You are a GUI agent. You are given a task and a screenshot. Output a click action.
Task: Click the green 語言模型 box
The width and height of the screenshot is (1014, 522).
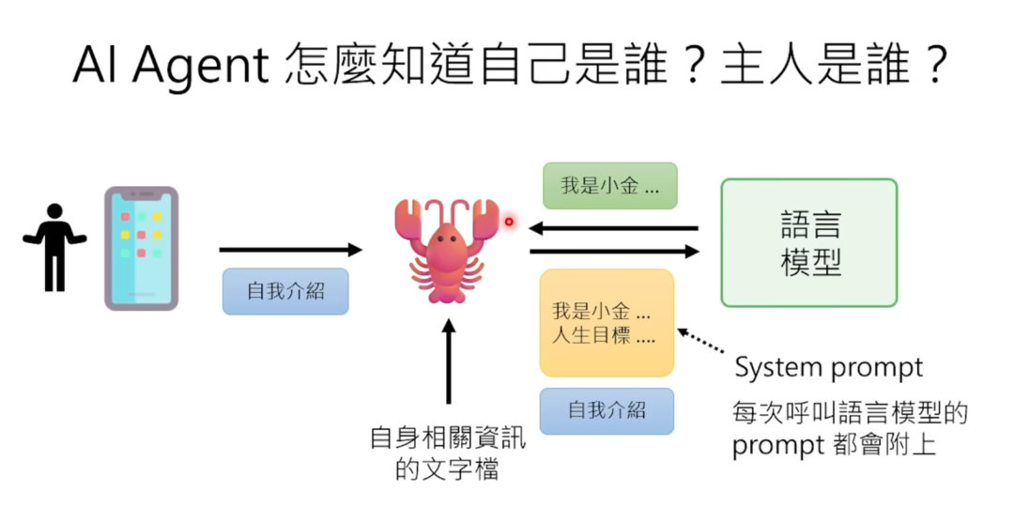coord(808,242)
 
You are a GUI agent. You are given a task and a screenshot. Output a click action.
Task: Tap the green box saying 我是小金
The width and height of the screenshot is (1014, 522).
coord(609,186)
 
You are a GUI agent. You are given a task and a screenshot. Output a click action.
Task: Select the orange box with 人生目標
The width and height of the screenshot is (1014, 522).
coord(607,322)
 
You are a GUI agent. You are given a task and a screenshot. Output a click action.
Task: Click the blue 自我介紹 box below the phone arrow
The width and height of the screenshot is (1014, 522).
coord(285,291)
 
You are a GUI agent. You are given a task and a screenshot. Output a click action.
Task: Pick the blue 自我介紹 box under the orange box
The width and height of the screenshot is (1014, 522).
coord(607,410)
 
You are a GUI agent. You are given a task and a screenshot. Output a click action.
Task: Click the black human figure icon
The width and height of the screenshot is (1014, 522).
coord(54,246)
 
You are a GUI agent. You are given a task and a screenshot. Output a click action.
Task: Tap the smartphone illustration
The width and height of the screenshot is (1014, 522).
coord(141,248)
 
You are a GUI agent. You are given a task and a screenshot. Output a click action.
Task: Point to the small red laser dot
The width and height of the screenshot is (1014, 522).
coord(510,222)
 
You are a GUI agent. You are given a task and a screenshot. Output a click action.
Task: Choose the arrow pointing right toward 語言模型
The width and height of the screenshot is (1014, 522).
coord(614,252)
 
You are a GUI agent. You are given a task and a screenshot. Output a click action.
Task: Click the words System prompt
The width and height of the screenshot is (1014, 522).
coord(828,367)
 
